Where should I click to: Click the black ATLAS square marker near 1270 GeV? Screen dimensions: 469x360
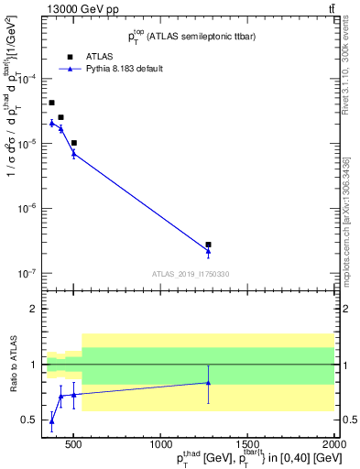[x=209, y=245]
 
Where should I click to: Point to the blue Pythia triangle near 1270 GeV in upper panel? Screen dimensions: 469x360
[x=209, y=251]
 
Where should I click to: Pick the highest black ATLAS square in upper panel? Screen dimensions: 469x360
[x=51, y=103]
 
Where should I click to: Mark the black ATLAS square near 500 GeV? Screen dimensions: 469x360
[x=74, y=143]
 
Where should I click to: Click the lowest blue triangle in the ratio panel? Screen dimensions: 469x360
[x=51, y=421]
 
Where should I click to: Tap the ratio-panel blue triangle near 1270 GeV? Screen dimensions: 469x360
[x=209, y=383]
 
